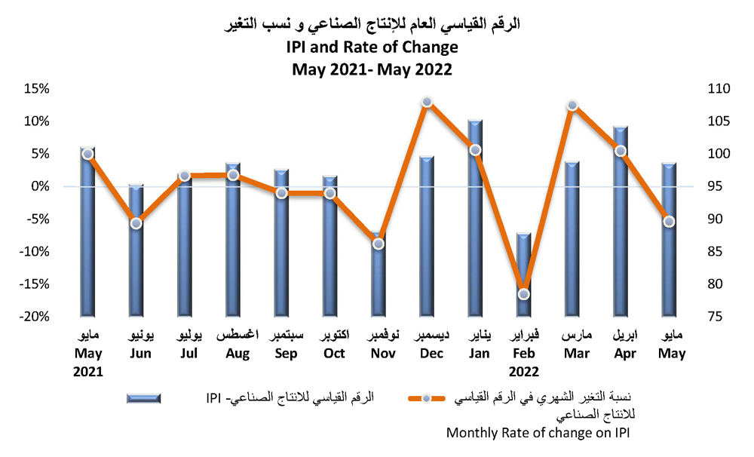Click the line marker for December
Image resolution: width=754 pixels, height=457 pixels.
click(x=427, y=102)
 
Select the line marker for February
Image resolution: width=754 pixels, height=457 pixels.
click(x=524, y=294)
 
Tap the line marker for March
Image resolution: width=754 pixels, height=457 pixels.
click(x=572, y=105)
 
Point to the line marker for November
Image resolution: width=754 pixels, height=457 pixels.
click(x=379, y=244)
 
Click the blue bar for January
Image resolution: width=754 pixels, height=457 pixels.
click(x=475, y=219)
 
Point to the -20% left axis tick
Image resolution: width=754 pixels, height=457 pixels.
click(x=33, y=317)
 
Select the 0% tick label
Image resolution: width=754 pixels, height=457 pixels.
click(x=39, y=186)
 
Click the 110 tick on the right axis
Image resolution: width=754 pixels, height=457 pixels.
click(x=719, y=89)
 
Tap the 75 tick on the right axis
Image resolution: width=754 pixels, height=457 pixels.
click(x=716, y=317)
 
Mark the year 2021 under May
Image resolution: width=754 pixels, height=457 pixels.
click(x=87, y=371)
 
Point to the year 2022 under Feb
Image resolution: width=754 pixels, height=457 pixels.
click(x=523, y=371)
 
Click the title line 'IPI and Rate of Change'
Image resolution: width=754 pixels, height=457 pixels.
click(x=372, y=48)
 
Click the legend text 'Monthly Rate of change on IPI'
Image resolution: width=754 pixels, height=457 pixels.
click(x=538, y=433)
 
